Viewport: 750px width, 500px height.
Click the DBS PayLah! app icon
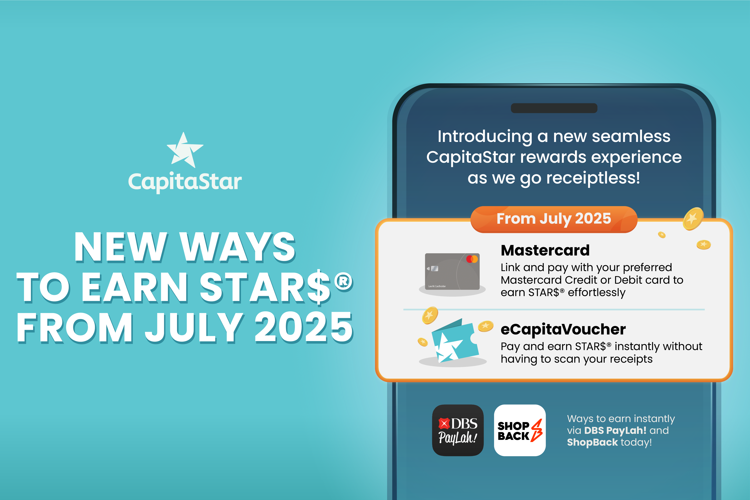[458, 430]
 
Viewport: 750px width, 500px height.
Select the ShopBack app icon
[520, 430]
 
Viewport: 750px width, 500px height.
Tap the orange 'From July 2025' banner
[554, 219]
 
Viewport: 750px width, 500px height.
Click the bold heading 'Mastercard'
[545, 250]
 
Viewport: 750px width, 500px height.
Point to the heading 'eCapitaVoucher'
[563, 329]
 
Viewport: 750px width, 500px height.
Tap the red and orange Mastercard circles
[472, 259]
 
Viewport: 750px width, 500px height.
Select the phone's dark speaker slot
[554, 108]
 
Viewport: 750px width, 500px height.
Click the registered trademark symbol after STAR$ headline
[344, 281]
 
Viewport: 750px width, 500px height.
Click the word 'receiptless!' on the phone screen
[593, 178]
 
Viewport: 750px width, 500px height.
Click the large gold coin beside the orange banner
[693, 219]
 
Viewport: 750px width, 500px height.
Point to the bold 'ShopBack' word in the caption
[592, 442]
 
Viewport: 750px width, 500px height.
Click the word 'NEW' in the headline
[121, 247]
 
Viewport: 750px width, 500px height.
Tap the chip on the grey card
[434, 268]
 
